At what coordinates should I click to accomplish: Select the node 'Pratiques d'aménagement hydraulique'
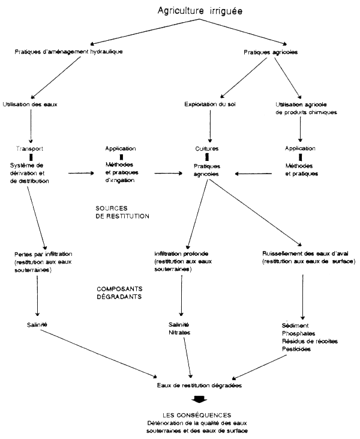68,52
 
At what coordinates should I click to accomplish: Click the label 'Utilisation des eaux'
30,104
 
